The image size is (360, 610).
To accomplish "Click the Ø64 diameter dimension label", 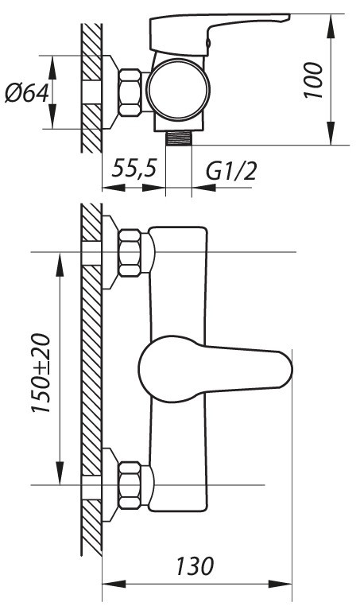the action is pos(26,93).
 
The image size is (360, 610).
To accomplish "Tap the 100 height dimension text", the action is pos(314,80).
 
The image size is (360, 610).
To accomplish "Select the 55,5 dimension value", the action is pos(134,169).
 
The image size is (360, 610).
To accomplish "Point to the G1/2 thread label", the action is pos(232,171).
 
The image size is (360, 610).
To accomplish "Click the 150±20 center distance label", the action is pos(41,373).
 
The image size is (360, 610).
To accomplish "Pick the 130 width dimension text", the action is pos(195,566).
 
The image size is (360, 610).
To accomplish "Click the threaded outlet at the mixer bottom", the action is pos(179,138).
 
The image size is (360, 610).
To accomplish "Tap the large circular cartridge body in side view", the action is pos(178,90).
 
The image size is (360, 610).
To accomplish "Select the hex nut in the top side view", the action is pos(130,92).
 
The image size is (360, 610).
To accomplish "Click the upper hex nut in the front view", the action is pos(130,253).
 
